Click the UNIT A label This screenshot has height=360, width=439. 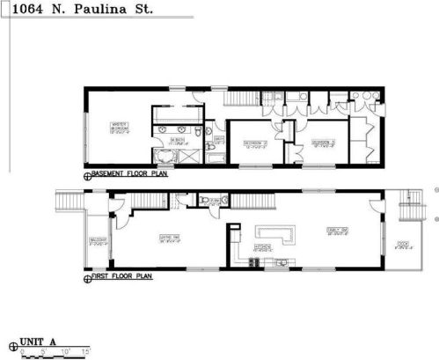(38, 339)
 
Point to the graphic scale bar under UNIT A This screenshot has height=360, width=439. (54, 351)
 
